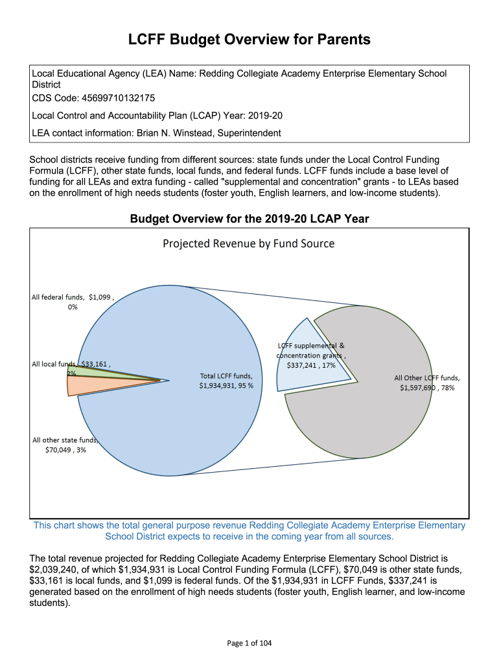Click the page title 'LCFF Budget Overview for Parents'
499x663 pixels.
[250, 40]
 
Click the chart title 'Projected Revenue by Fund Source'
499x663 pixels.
[248, 244]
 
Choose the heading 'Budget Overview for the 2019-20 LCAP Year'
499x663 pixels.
[250, 219]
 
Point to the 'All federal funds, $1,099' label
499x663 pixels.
[73, 298]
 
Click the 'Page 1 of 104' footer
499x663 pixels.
[250, 643]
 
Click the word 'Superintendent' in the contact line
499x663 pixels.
[249, 133]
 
